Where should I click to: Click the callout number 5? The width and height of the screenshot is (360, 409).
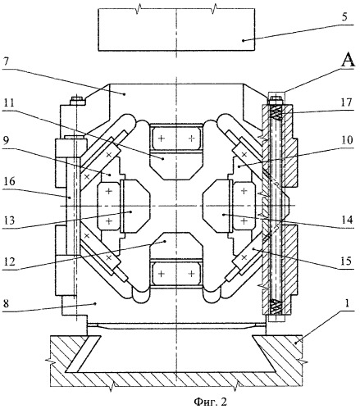[x=344, y=17]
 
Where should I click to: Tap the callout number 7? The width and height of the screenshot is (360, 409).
[x=7, y=62]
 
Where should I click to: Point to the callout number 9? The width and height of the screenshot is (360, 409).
[x=7, y=141]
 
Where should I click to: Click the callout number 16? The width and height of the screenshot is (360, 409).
[x=10, y=181]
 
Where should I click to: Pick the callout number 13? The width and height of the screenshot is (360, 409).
[x=10, y=220]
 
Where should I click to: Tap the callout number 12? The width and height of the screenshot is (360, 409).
[x=10, y=261]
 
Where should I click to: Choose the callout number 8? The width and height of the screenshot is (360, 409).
[x=7, y=304]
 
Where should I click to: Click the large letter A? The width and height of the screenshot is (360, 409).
[x=348, y=60]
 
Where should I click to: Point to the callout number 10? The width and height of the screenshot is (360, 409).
[x=347, y=140]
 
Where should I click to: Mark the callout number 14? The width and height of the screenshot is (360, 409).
[x=347, y=220]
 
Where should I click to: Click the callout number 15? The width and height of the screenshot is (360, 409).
[x=346, y=261]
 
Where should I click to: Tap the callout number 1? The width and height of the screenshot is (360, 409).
[x=347, y=303]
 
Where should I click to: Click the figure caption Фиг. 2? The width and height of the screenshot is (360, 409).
[x=210, y=402]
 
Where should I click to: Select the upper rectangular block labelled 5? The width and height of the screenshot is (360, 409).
[x=176, y=30]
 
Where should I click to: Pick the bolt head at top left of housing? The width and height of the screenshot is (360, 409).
[x=77, y=101]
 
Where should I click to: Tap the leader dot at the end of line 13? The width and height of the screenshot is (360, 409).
[x=131, y=211]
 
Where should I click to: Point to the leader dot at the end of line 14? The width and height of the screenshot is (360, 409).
[x=224, y=215]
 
